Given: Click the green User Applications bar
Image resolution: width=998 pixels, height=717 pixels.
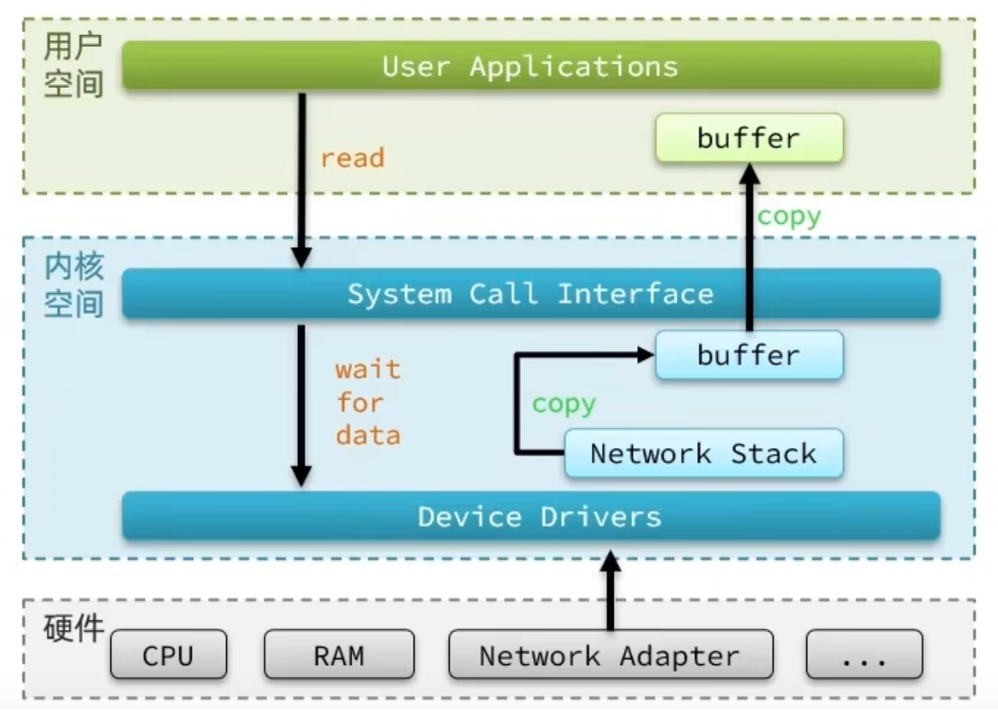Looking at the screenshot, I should click(x=531, y=66).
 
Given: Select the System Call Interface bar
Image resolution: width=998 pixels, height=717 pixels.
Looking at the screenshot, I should click(x=531, y=294).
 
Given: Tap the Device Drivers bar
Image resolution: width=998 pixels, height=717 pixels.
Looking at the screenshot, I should click(x=531, y=516).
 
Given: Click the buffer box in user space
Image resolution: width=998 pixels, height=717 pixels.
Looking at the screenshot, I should click(x=748, y=138).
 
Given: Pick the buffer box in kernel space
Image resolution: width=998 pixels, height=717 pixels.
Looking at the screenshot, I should click(x=748, y=355).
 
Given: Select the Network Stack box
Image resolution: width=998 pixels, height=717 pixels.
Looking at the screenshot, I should click(x=703, y=454).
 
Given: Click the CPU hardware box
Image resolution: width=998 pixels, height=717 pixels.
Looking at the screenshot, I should click(x=168, y=655).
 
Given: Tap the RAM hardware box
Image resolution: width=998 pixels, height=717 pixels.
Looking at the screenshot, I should click(x=339, y=655).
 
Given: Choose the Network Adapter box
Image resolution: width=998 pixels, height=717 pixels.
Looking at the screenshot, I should click(x=610, y=655).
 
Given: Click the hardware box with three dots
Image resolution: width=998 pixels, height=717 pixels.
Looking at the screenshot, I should click(x=864, y=655).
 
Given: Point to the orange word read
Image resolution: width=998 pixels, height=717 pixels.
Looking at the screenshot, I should click(x=352, y=157).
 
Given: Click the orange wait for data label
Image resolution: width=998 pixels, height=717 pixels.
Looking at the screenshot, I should click(x=368, y=403).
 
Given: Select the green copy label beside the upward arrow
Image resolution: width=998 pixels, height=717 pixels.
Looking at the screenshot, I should click(x=789, y=216).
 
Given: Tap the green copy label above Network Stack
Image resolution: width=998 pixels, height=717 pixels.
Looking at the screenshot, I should click(x=563, y=404).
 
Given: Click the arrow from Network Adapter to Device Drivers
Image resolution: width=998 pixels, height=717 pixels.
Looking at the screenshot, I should click(x=611, y=591).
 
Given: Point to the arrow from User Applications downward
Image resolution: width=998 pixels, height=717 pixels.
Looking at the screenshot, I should click(x=301, y=180).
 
